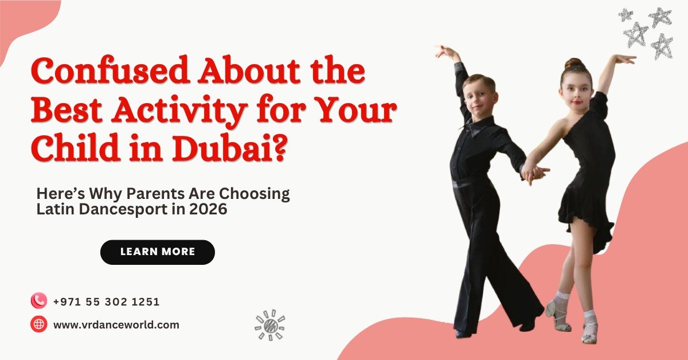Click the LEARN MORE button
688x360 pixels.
pos(158,252)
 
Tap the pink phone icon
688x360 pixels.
pos(39,300)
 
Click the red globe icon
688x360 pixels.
pos(39,324)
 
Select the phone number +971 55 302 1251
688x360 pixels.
pos(107,302)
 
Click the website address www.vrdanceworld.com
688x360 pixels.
pos(116,324)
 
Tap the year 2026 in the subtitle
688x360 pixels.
pos(208,209)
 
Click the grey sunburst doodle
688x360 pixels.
pos(270,325)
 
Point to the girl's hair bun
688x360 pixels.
pos(574,63)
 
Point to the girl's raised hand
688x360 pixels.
pos(624,59)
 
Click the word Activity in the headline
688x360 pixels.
pos(179,110)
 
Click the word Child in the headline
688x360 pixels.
pos(75,147)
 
